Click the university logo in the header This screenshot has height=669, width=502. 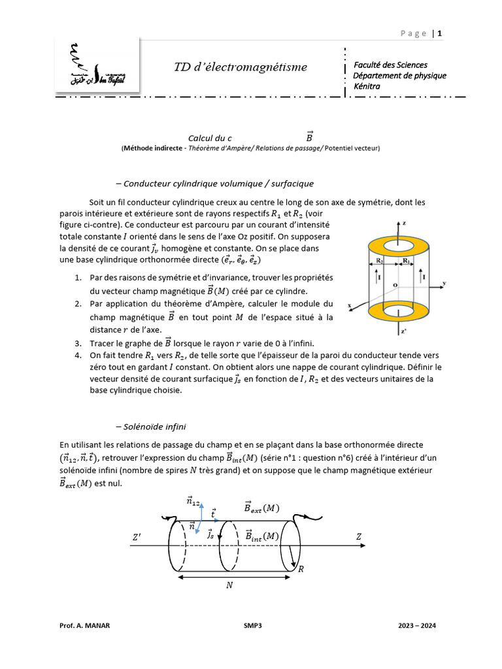(x=97, y=66)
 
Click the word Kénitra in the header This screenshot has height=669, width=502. (x=366, y=86)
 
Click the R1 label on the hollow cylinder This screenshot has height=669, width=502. (x=406, y=261)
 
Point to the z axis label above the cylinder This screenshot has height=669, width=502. (x=405, y=224)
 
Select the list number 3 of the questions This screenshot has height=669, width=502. (x=77, y=344)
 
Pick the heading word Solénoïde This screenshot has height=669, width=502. (x=145, y=427)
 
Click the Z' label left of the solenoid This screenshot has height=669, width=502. (x=137, y=537)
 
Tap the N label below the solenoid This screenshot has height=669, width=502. (x=229, y=585)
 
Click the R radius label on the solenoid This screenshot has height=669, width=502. (x=301, y=569)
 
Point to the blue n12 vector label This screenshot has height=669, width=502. (x=193, y=502)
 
